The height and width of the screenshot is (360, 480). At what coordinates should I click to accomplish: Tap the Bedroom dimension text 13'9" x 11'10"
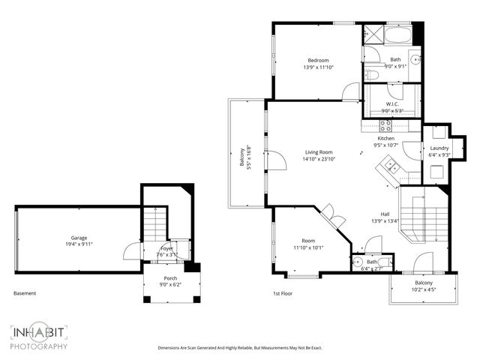[x=319, y=67]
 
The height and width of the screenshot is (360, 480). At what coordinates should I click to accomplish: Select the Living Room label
[x=319, y=151]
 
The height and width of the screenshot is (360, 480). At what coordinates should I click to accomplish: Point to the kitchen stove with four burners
[x=385, y=125]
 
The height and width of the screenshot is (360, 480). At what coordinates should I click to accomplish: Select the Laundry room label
[x=439, y=148]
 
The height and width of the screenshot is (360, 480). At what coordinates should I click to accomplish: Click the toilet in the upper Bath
[x=372, y=73]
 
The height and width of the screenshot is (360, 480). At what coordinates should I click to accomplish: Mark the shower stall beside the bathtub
[x=373, y=35]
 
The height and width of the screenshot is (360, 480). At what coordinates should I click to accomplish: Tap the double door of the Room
[x=334, y=220]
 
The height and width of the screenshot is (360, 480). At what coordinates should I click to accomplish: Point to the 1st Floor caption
[x=283, y=294]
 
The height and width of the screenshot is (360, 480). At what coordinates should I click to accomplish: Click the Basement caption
[x=25, y=293]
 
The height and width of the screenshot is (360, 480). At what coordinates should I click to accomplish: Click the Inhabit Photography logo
[x=39, y=337]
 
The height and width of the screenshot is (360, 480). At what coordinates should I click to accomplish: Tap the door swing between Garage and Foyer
[x=133, y=250]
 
